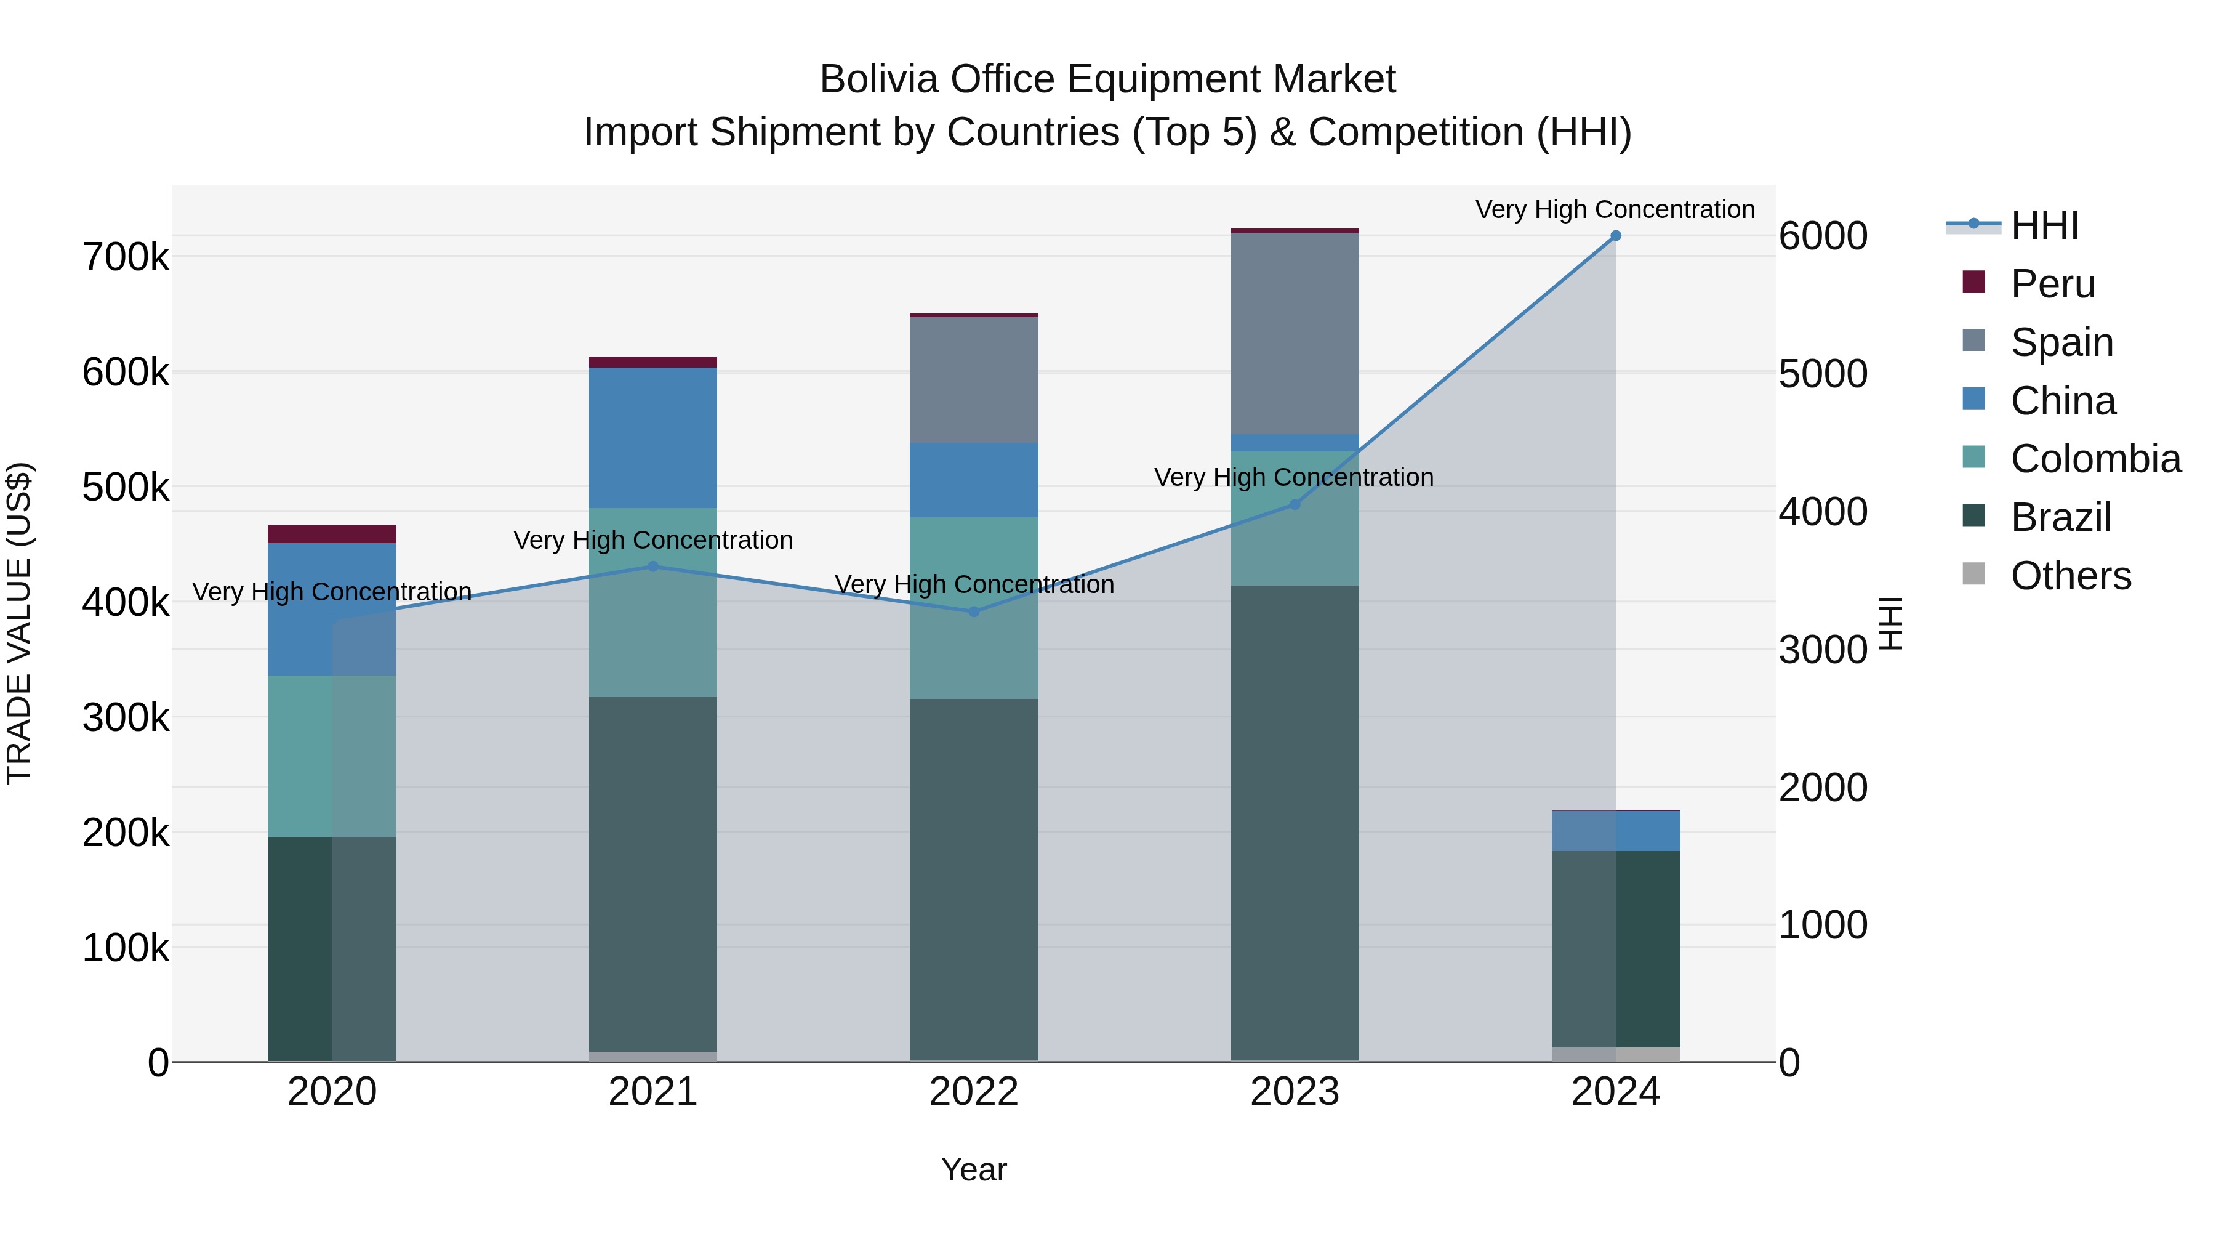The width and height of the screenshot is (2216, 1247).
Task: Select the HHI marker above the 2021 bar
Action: (x=653, y=567)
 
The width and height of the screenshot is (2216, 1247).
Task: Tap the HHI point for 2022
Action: (x=974, y=612)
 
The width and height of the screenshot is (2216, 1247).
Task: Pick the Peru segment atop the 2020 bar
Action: (x=332, y=533)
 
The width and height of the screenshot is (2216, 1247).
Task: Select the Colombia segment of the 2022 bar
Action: (x=974, y=608)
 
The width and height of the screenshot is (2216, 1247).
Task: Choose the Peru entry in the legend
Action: (x=2052, y=284)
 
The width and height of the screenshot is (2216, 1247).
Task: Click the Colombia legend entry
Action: (x=2095, y=459)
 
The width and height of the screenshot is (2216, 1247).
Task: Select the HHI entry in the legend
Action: (x=2044, y=225)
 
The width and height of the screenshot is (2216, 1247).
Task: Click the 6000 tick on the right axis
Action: (x=1823, y=236)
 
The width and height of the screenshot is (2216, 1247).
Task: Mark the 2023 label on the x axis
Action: (x=1295, y=1092)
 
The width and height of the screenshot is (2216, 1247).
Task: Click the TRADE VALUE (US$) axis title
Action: (x=19, y=623)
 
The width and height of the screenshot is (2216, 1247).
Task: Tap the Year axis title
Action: (x=974, y=1169)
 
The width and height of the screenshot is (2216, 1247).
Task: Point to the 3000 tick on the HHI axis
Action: (x=1823, y=650)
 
